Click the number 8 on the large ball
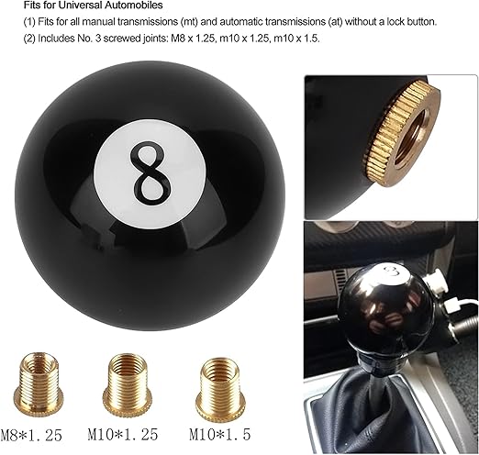point(150,173)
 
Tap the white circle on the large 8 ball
point(150,174)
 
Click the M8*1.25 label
point(31,435)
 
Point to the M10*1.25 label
point(123,434)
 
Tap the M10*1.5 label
point(220,434)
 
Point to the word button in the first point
point(420,22)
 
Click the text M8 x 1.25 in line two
point(193,39)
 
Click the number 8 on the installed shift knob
point(392,272)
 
